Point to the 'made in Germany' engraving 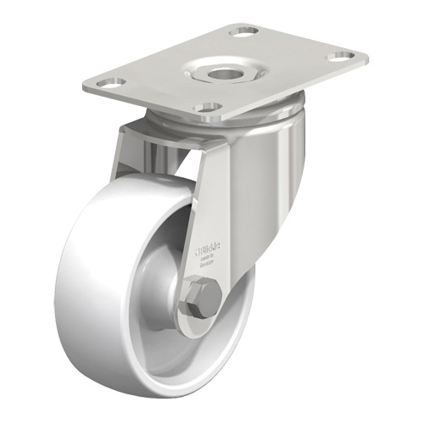(207, 261)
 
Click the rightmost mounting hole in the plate (342, 57)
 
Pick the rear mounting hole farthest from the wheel (245, 31)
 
